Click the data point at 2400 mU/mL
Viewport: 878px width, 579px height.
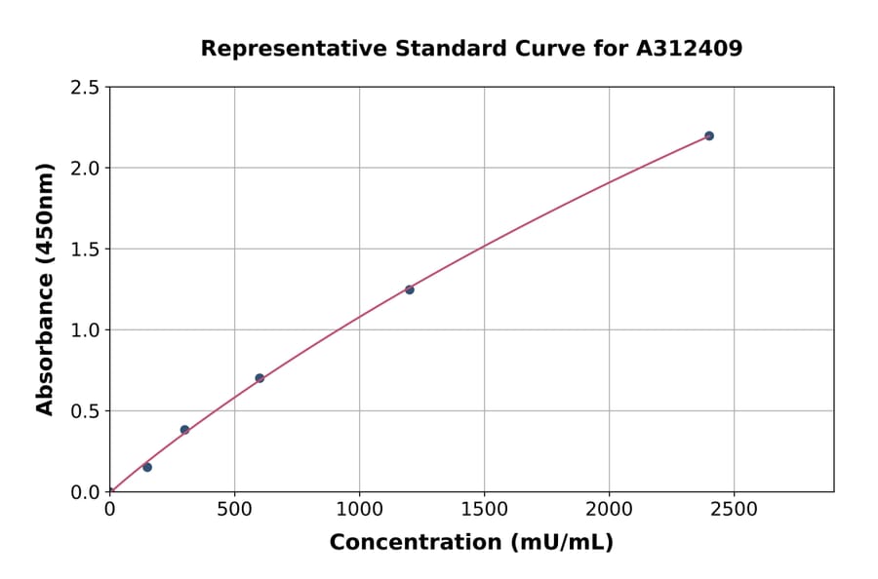pyautogui.click(x=709, y=135)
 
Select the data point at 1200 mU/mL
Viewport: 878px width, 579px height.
pyautogui.click(x=410, y=289)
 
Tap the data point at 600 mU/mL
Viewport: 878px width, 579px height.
pyautogui.click(x=259, y=378)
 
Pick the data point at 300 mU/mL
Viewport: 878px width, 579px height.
pyautogui.click(x=184, y=430)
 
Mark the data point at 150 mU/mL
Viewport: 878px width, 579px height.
pyautogui.click(x=147, y=467)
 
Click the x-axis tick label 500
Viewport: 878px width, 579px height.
pyautogui.click(x=234, y=510)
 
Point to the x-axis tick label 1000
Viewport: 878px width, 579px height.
pyautogui.click(x=359, y=510)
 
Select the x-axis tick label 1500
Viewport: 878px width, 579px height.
pyautogui.click(x=484, y=510)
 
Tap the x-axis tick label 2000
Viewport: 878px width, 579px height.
pyautogui.click(x=609, y=510)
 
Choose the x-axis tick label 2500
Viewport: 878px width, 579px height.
pyautogui.click(x=734, y=510)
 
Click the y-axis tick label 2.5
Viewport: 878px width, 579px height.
pyautogui.click(x=85, y=88)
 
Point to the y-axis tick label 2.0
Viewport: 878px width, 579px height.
pyautogui.click(x=85, y=169)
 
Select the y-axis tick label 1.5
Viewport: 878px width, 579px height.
pyautogui.click(x=85, y=250)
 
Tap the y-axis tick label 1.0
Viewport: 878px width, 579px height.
pyautogui.click(x=85, y=330)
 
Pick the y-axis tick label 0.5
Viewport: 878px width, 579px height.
pyautogui.click(x=85, y=411)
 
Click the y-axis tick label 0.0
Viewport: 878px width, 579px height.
pyautogui.click(x=85, y=492)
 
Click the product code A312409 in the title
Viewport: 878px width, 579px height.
pyautogui.click(x=689, y=48)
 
